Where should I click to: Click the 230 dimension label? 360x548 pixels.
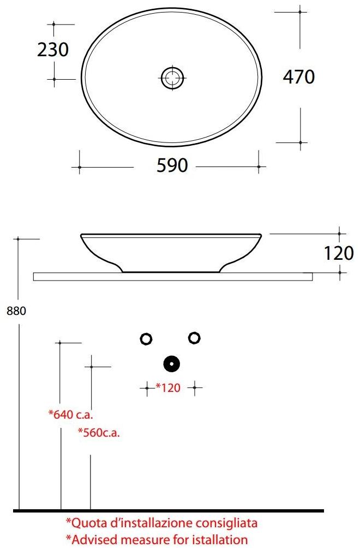53,50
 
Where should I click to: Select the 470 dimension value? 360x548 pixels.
298,77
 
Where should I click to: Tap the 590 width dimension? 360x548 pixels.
172,165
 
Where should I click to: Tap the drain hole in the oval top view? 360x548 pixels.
173,77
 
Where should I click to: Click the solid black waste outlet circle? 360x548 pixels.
172,363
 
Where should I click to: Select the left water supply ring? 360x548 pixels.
146,339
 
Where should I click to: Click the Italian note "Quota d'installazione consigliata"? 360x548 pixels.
161,523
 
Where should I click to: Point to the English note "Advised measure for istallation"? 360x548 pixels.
157,540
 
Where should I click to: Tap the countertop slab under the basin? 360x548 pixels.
173,277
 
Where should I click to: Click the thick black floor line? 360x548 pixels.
169,511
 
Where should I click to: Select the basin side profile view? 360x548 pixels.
171,251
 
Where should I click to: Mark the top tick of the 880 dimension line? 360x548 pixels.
19,239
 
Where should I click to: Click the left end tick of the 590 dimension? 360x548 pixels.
79,166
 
